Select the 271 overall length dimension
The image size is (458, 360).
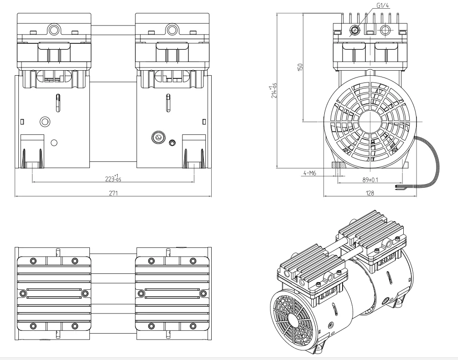point(113,193)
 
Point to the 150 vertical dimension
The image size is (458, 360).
point(300,67)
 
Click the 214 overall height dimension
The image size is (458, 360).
point(274,90)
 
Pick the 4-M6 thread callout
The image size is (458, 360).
point(310,174)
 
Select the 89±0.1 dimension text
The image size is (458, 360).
point(370,180)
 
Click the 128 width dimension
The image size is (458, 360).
point(370,193)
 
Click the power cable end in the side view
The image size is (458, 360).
point(398,187)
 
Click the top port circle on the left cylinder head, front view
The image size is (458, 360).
point(54,30)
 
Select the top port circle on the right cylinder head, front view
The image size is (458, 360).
point(172,30)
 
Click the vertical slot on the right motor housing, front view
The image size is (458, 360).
point(168,103)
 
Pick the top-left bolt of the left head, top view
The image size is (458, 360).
point(32,260)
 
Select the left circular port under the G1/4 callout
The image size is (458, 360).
point(354,31)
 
